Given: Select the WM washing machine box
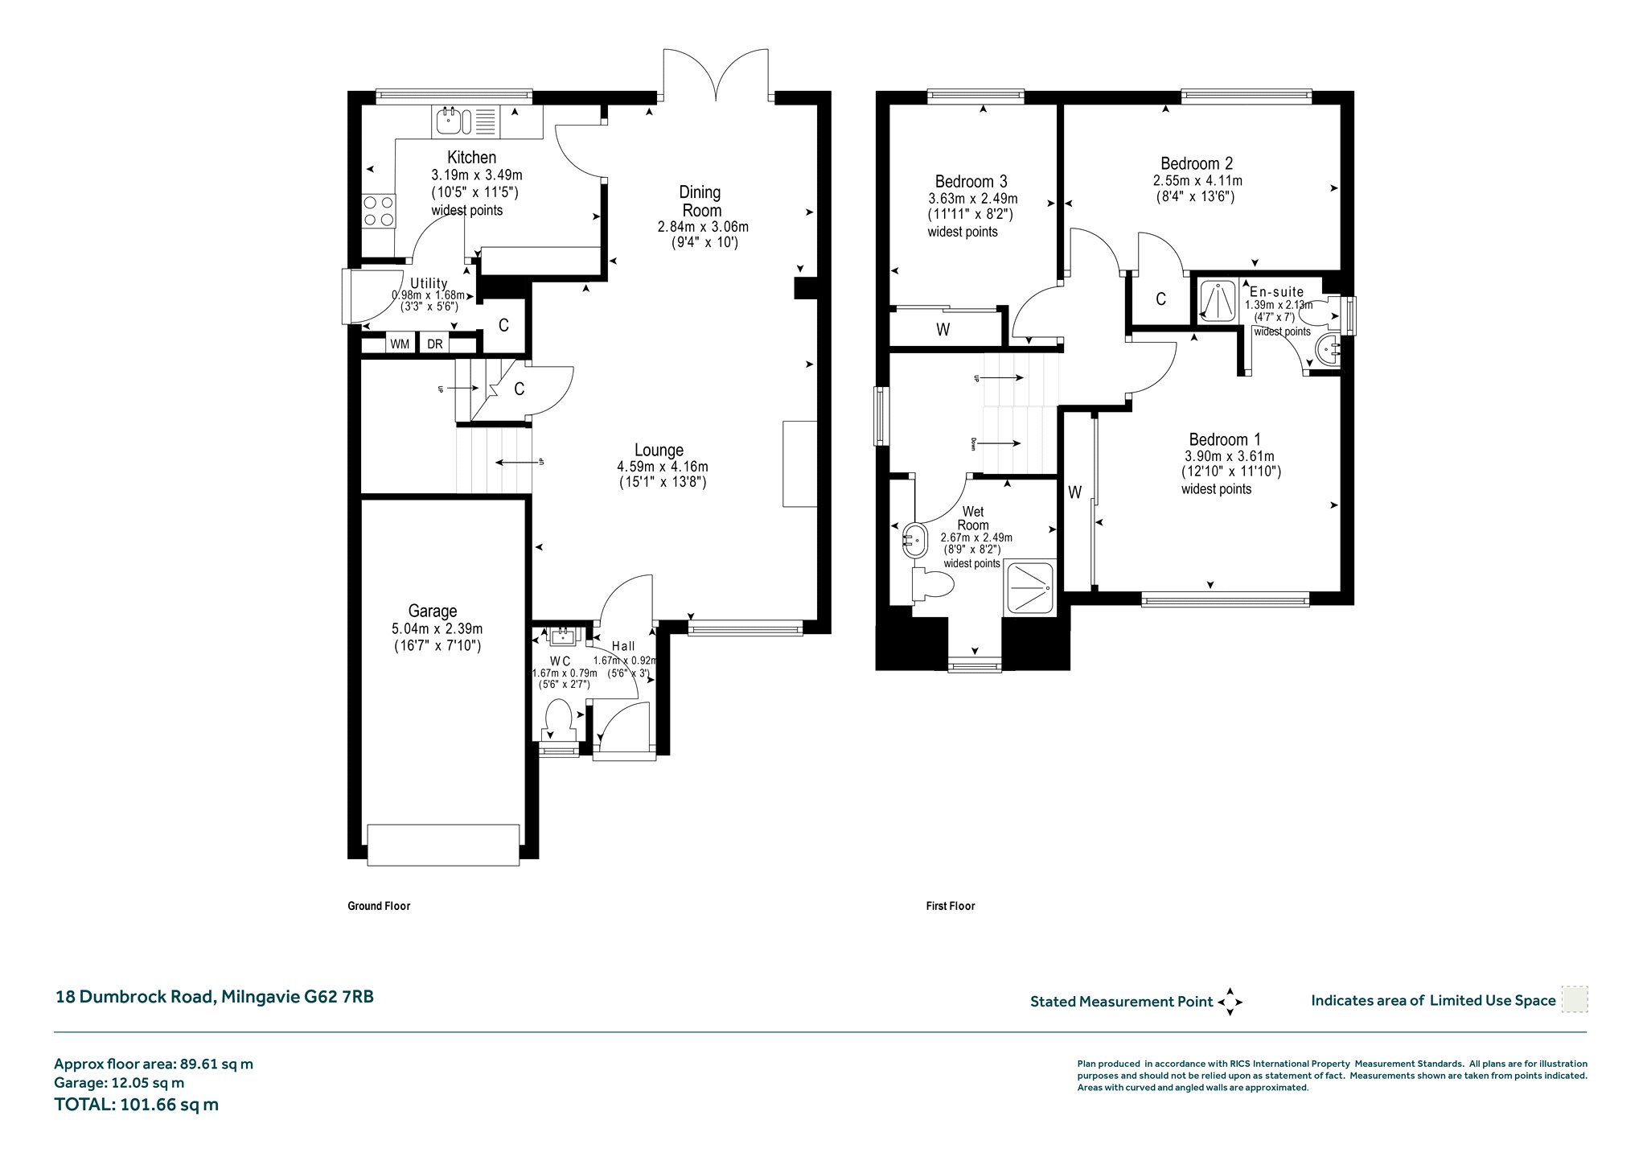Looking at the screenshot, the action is pos(400,344).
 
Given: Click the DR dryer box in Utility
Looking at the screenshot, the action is pos(435,344).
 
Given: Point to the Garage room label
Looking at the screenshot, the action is pos(433,611).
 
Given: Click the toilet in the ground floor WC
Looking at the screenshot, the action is pos(557,718).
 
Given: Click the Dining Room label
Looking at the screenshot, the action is pos(700,200).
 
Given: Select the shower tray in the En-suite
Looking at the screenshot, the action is pos(1219,302).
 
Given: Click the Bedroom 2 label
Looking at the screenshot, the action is pos(1197,163).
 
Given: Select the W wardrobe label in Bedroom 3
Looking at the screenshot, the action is pos(943,330).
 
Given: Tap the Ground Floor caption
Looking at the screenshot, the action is pos(379,906).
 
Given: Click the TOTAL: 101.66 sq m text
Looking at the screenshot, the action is pos(137,1105).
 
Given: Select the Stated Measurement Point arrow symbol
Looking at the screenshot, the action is pos(1230,1002).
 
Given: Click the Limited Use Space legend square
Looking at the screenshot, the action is pos(1575,999).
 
